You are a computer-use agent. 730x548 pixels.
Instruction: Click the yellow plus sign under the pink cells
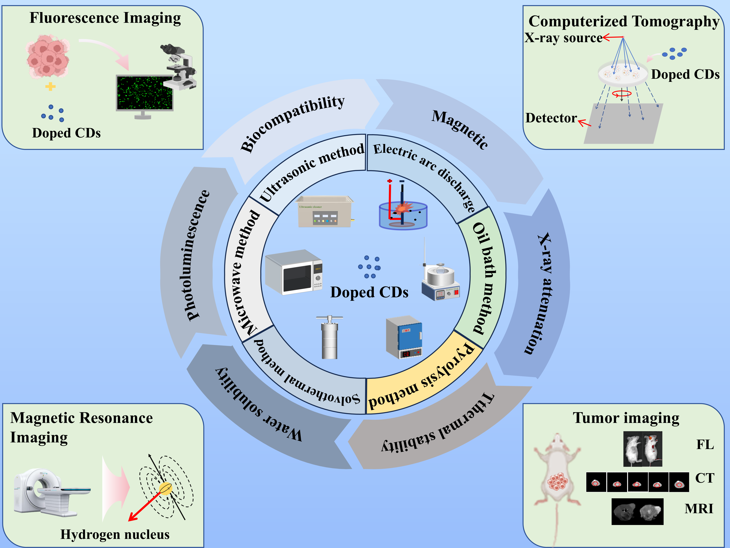coord(50,87)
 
